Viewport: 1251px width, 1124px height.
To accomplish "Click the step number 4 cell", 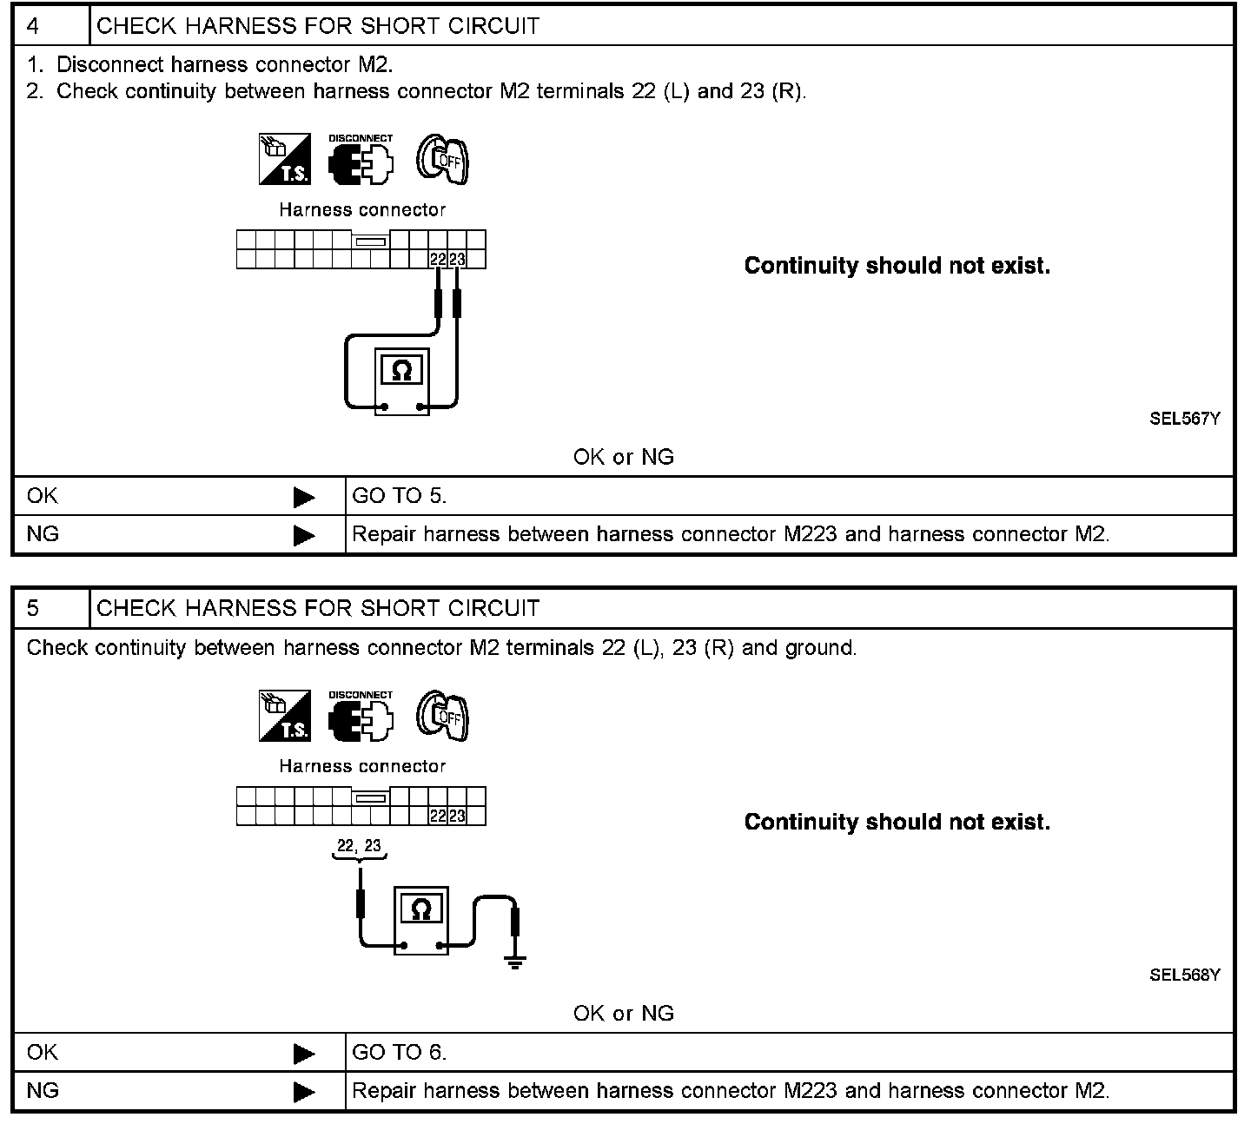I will [50, 26].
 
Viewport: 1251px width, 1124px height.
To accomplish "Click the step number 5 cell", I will [50, 608].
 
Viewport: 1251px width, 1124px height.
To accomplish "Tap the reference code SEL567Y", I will [1184, 419].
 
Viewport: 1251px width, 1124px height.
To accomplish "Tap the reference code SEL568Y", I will [1184, 975].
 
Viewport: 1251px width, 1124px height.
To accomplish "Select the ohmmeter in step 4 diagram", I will [402, 380].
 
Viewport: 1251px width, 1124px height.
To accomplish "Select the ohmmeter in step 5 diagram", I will [421, 920].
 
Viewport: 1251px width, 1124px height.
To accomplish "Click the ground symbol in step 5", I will [515, 960].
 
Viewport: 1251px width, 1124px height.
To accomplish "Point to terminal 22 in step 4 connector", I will [438, 259].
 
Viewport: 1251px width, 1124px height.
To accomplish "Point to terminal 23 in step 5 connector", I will [457, 816].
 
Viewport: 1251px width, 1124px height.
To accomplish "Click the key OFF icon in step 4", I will [442, 159].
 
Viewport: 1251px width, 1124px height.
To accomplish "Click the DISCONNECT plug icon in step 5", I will [361, 717].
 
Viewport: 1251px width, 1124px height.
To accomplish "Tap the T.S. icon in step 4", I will [285, 159].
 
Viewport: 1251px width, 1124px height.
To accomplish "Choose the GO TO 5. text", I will [399, 496].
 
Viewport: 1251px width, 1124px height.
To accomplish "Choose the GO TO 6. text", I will [399, 1053].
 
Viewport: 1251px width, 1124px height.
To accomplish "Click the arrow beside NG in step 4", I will [304, 535].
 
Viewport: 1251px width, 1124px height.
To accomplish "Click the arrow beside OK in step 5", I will [304, 1054].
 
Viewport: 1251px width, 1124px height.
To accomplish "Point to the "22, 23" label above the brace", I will [359, 846].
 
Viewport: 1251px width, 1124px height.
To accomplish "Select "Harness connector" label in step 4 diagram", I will [362, 209].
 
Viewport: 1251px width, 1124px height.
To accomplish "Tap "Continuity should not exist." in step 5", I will [897, 822].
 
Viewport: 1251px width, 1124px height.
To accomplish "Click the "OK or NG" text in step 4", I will [623, 457].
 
